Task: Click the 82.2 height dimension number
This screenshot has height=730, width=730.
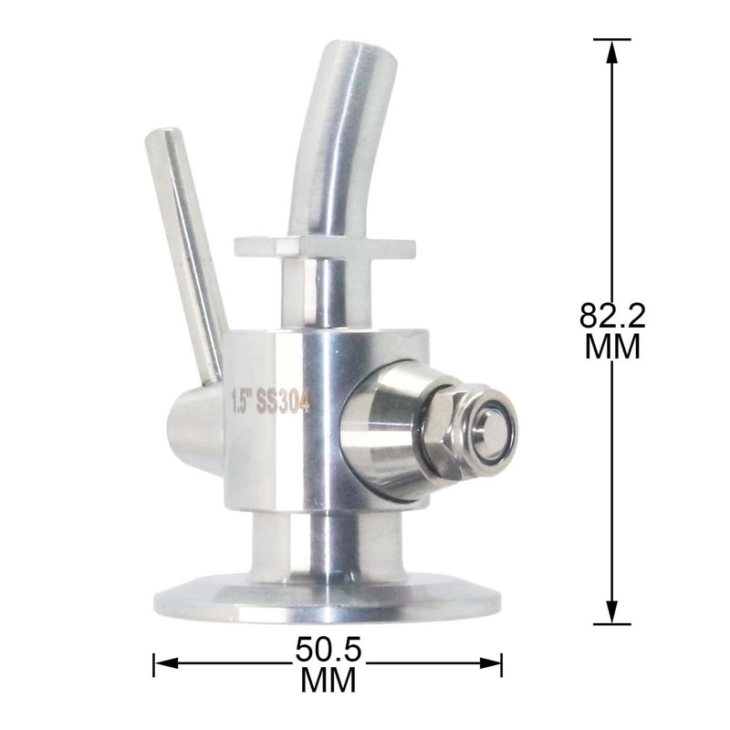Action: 612,316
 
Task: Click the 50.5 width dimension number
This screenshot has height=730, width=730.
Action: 328,650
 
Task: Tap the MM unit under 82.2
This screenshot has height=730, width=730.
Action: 612,347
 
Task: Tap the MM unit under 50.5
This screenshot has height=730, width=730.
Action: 328,680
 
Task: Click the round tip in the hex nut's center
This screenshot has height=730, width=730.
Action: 492,429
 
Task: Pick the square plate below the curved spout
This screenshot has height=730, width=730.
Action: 325,245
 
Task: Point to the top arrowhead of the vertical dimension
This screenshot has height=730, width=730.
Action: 612,51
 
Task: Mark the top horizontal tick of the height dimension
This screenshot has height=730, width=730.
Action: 612,39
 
